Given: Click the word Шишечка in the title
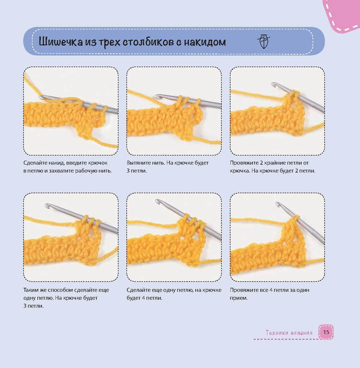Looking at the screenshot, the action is tap(61, 42).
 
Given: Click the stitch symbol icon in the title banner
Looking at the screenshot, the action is tap(264, 41).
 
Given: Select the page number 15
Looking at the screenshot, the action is tap(326, 332).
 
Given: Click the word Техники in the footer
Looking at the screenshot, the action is tap(277, 332).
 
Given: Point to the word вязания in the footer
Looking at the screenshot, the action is tap(302, 333).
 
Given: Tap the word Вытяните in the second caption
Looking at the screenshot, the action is tap(137, 163).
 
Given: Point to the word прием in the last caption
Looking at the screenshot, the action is tap(238, 298).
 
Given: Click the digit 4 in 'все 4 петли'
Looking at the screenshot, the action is tap(271, 290).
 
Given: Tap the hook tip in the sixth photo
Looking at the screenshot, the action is tap(278, 204).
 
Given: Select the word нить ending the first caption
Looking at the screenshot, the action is tap(105, 171).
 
